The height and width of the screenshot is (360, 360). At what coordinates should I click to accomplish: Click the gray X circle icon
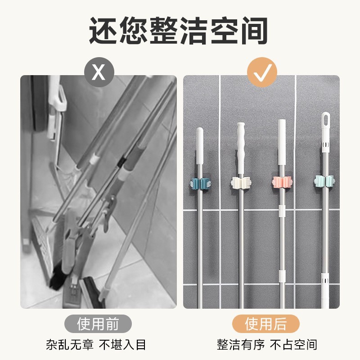99,72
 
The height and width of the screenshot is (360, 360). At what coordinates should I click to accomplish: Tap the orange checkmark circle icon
262,72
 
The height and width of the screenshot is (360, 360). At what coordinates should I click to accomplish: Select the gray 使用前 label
98,324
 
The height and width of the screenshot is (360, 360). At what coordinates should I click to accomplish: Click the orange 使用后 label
265,324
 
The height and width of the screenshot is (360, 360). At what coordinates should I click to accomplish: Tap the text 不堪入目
122,345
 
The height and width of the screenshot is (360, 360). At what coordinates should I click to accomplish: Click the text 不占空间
293,345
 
